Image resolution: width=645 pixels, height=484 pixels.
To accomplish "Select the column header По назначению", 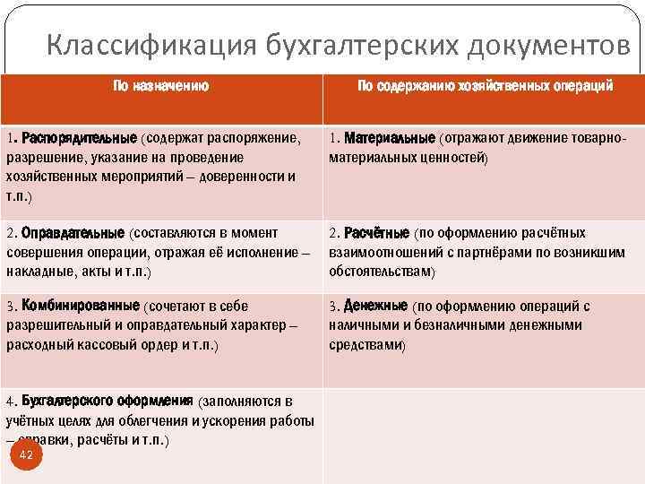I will point(161,86).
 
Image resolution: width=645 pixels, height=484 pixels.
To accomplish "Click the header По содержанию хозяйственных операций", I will point(485,86).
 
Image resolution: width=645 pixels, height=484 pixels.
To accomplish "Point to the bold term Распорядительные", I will point(80,140).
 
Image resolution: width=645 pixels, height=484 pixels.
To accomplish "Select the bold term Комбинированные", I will point(81,306).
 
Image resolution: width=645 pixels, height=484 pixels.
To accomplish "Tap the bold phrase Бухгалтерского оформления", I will point(107,400).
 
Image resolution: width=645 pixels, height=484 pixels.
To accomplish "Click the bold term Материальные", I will point(390,140).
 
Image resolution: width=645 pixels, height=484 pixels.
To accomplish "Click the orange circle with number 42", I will point(26,455).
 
